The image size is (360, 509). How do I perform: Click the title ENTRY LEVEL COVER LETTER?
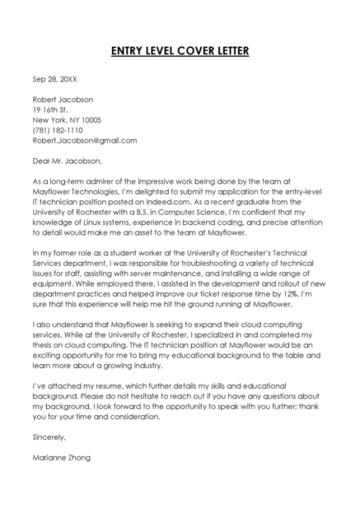[180, 52]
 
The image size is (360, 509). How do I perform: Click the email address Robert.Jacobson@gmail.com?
[84, 141]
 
